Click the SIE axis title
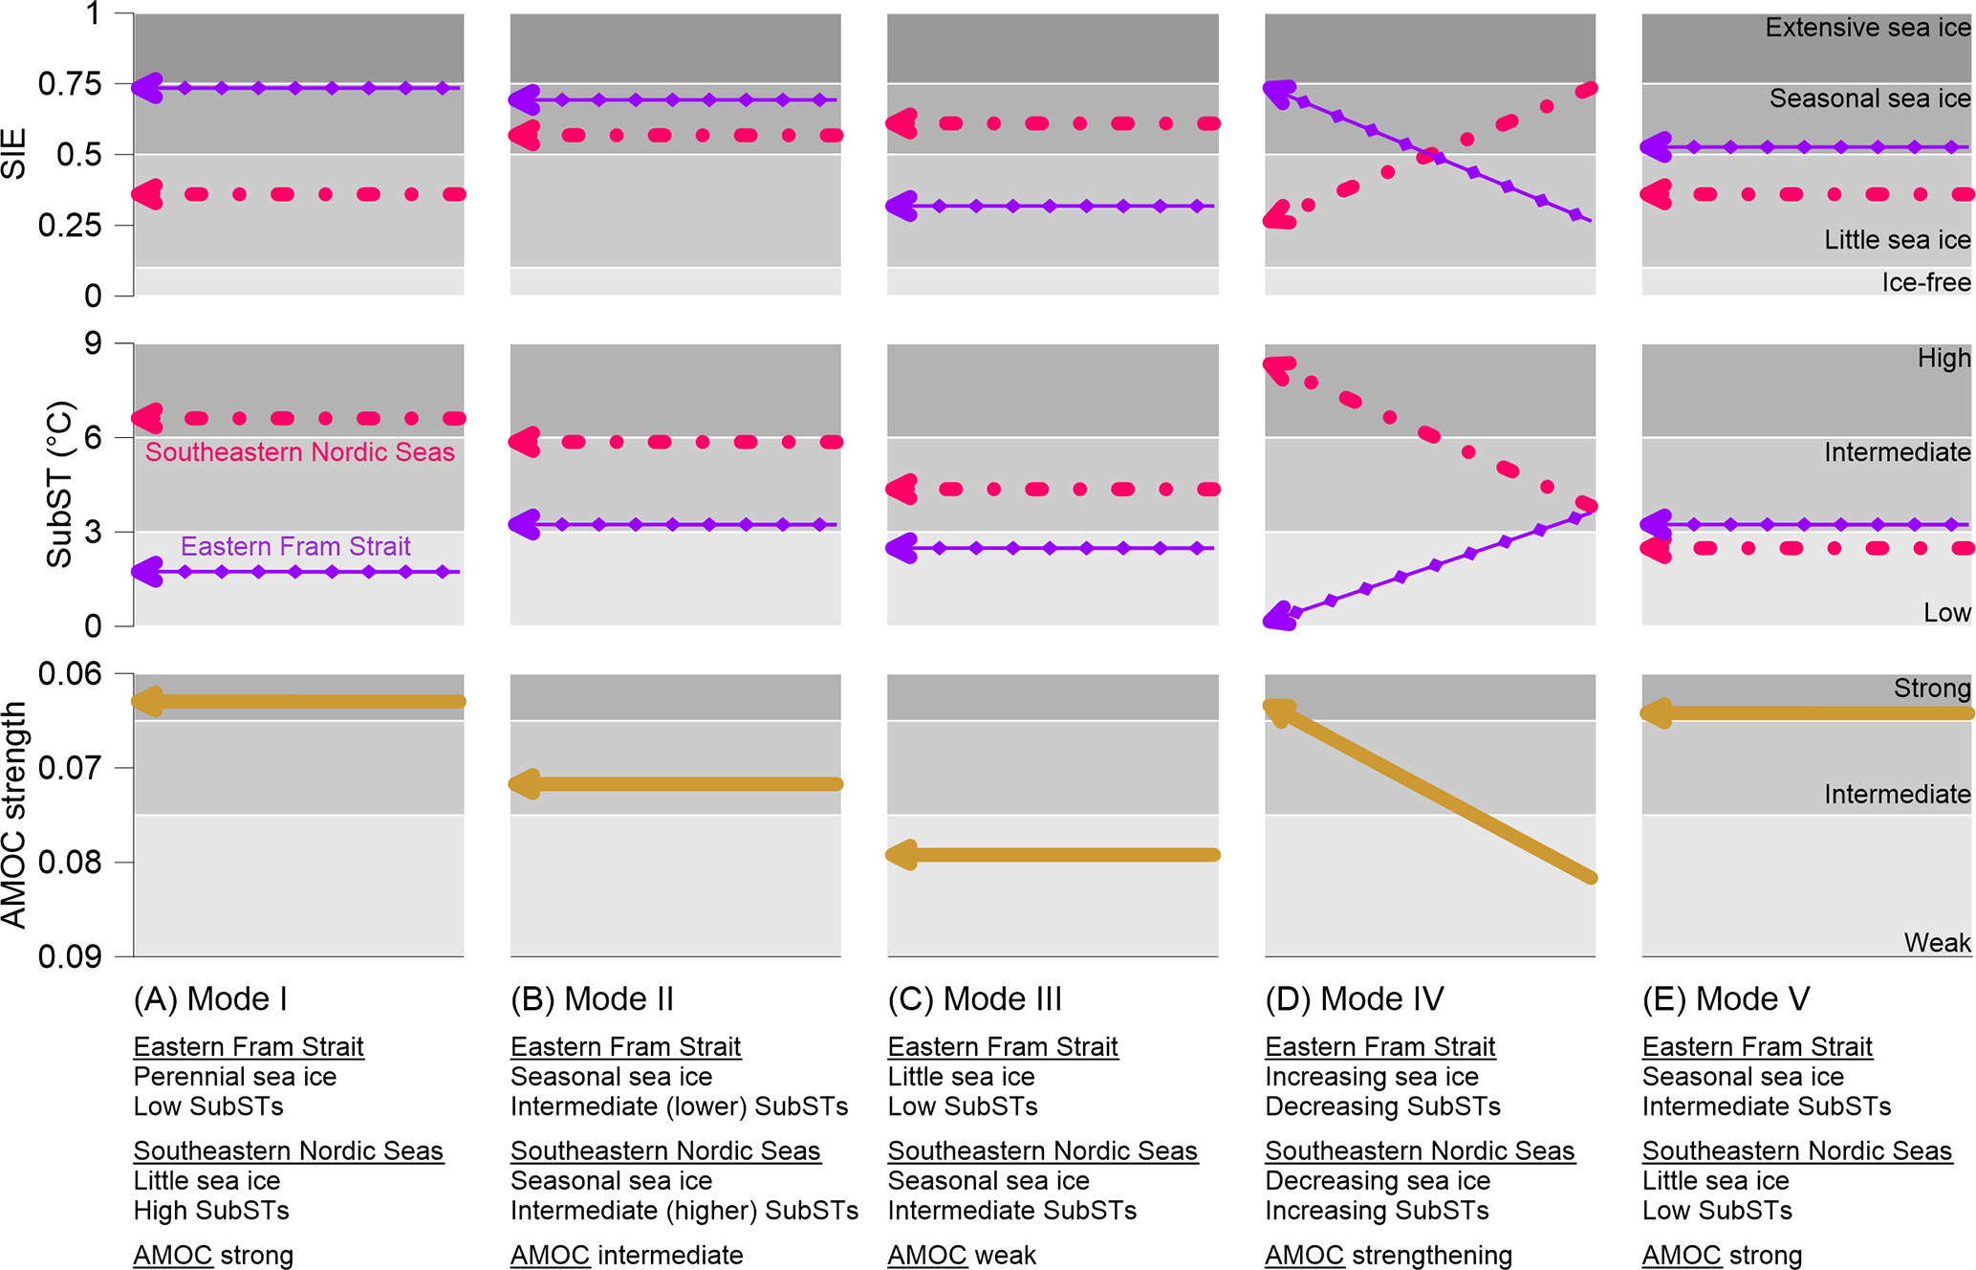(14, 155)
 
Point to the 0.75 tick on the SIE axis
(70, 84)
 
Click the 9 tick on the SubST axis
(93, 343)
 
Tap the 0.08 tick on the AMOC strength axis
(70, 863)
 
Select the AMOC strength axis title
(14, 815)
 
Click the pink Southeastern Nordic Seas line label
(299, 452)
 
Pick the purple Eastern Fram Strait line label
(295, 546)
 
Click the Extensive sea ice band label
(1867, 28)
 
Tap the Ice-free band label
(1925, 282)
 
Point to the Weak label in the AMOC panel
(1937, 943)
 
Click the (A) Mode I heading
(210, 999)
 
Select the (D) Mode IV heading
(1354, 999)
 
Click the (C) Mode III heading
(974, 999)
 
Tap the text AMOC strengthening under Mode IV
(1388, 1255)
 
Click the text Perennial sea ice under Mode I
(235, 1077)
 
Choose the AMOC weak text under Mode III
(962, 1255)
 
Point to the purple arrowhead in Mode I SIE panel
(147, 88)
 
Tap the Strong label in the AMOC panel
(1931, 689)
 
